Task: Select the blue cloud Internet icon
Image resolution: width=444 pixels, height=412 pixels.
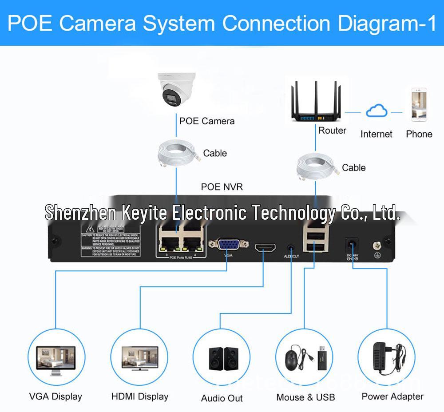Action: tap(377, 111)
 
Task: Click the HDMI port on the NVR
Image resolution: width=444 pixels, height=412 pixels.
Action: tap(265, 247)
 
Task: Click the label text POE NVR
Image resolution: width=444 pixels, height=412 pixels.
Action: tap(222, 187)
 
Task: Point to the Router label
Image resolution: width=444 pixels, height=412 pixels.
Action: tap(332, 131)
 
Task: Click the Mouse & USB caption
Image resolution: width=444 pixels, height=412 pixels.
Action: tap(305, 397)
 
